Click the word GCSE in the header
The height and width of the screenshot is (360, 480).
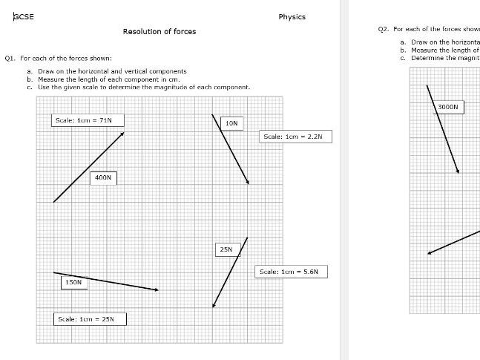coord(24,17)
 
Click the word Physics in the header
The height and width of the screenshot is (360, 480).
coord(292,17)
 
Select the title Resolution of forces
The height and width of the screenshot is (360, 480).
coord(160,31)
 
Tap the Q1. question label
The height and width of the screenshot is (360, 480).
coord(10,58)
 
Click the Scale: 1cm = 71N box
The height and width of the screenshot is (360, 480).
coord(88,120)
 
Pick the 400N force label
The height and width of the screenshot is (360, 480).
coord(103,177)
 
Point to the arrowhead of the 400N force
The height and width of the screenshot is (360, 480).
coord(122,134)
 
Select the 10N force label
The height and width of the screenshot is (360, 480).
coord(231,122)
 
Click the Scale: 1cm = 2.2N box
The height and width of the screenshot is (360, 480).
coord(295,137)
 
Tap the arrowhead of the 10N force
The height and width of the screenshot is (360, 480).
coord(247,182)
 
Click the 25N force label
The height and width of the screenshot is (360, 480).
coord(226,249)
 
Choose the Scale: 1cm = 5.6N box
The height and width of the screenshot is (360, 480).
coord(292,272)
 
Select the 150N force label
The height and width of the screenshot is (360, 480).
coord(73,283)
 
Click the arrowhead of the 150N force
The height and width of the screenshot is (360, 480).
coord(157,289)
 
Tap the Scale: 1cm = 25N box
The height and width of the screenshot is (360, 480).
coord(91,319)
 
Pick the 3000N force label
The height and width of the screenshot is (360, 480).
coord(448,108)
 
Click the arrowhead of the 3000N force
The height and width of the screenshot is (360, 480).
coord(458,171)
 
